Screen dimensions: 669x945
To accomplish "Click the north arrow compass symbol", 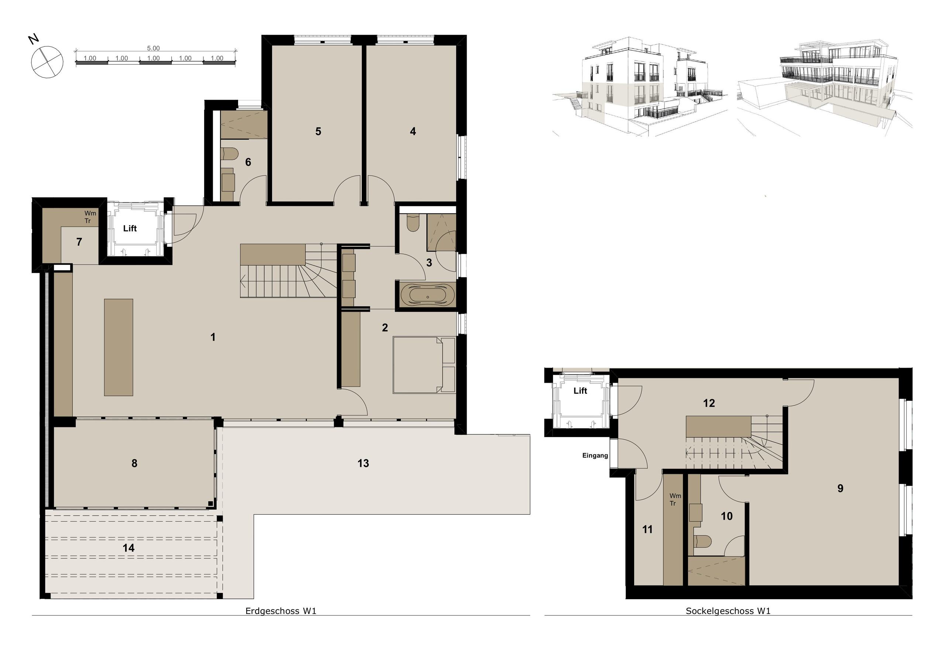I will click(x=47, y=62).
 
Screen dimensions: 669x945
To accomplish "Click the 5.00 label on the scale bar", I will click(x=153, y=48).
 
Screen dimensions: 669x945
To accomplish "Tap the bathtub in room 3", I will click(x=427, y=296).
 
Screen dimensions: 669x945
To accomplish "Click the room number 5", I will click(x=318, y=132).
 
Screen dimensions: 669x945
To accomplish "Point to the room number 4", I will click(x=413, y=132).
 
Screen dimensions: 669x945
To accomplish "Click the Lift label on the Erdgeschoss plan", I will click(x=130, y=228).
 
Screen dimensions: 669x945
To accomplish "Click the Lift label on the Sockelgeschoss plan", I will click(x=580, y=390).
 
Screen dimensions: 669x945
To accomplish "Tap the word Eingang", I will click(x=595, y=455).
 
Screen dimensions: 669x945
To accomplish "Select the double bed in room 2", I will click(x=424, y=365).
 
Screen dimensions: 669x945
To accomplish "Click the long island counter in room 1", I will click(x=118, y=347).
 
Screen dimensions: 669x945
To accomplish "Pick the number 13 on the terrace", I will click(x=363, y=464).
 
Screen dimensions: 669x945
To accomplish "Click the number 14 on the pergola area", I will click(x=128, y=548).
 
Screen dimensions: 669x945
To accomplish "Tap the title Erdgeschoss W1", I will click(x=281, y=611).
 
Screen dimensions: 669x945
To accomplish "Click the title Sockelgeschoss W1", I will click(x=728, y=611).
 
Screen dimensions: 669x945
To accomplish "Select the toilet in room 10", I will click(x=702, y=542).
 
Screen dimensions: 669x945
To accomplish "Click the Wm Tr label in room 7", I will click(x=90, y=217).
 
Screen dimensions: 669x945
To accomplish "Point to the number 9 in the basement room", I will click(x=840, y=489).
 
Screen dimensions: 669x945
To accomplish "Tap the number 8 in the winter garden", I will click(x=134, y=464).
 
